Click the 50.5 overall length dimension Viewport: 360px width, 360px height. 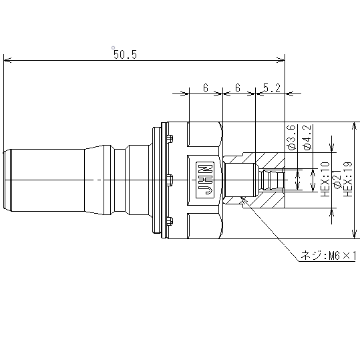[x=125, y=55]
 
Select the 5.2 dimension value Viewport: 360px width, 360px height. [x=272, y=88]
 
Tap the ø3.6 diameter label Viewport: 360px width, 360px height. [x=292, y=138]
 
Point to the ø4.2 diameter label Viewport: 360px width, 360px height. [x=307, y=138]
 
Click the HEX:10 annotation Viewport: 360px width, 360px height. [x=325, y=179]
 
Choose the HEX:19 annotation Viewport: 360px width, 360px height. [x=347, y=179]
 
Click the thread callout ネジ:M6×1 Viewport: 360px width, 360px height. [x=329, y=256]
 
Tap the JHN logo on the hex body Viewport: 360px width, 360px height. [x=205, y=180]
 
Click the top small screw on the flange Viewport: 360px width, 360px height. [x=170, y=139]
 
